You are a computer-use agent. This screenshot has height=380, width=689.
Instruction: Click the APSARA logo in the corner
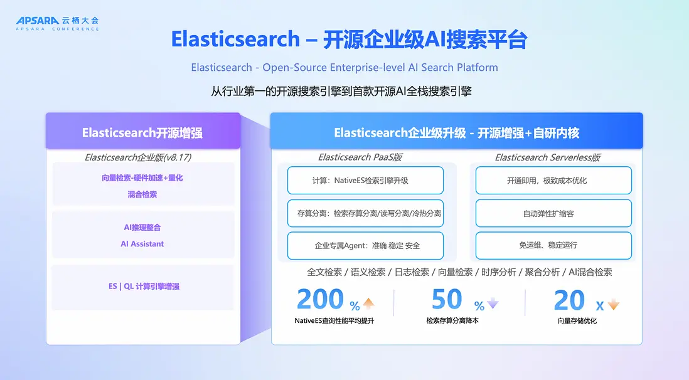(x=58, y=23)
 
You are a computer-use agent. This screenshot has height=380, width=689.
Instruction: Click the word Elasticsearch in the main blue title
(x=235, y=39)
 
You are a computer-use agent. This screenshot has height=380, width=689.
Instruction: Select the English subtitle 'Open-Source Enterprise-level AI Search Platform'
(x=380, y=67)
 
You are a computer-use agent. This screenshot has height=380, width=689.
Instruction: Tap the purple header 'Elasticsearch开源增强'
(x=142, y=133)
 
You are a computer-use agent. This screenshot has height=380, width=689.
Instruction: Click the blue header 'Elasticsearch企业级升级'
(x=400, y=133)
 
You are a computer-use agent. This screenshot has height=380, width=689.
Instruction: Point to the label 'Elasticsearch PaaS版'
(x=360, y=157)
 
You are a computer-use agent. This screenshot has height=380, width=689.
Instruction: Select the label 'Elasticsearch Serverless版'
(x=548, y=157)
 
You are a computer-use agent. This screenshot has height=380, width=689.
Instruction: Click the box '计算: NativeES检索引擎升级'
(x=365, y=180)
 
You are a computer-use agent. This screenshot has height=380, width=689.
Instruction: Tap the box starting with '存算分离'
(x=365, y=213)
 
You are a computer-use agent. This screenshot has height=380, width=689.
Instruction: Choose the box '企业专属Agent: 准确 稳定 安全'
(x=365, y=246)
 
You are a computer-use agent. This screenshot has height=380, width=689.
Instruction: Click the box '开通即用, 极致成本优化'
(x=553, y=180)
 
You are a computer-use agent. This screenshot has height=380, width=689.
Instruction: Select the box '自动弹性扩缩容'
(x=553, y=213)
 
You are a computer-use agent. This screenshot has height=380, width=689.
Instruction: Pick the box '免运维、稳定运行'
(x=553, y=246)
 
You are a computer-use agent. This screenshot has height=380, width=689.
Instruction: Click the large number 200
(x=320, y=299)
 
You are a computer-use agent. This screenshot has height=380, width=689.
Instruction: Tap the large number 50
(x=446, y=299)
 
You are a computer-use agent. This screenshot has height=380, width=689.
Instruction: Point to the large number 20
(x=569, y=300)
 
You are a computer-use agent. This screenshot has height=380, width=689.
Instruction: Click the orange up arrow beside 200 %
(x=369, y=303)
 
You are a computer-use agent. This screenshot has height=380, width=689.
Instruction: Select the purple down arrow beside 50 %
(x=493, y=303)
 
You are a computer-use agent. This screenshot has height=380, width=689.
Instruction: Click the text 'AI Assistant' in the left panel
(x=142, y=244)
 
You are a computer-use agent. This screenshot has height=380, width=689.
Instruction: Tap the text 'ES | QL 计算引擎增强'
(x=144, y=287)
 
